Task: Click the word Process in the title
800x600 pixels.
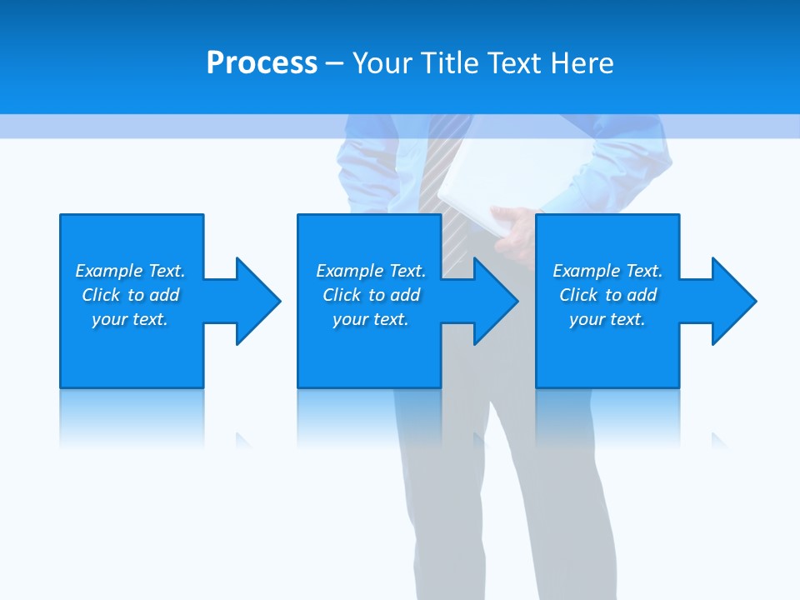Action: click(x=262, y=63)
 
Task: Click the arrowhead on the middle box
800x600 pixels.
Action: click(x=495, y=301)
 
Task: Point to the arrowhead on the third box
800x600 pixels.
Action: click(x=732, y=301)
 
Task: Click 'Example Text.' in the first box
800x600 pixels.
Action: click(x=130, y=271)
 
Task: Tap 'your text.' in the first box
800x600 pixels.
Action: click(x=130, y=319)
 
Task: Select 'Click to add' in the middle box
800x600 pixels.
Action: click(x=371, y=295)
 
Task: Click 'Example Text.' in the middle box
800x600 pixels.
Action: click(x=371, y=271)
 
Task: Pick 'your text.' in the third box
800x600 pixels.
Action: click(x=607, y=319)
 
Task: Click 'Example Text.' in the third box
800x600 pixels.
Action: click(x=607, y=271)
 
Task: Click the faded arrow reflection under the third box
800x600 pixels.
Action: click(x=718, y=439)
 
